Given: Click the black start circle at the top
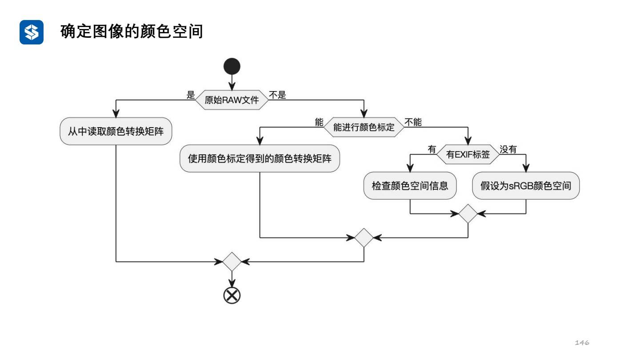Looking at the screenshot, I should (232, 67).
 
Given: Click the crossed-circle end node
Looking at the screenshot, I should (232, 296).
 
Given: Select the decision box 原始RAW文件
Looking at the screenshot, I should (232, 100).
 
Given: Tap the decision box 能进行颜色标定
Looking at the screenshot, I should (364, 127).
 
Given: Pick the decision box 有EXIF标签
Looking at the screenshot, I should (468, 154).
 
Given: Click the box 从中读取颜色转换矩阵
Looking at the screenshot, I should (116, 131).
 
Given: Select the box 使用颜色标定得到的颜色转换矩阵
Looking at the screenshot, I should (260, 158).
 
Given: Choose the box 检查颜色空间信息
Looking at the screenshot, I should (409, 185).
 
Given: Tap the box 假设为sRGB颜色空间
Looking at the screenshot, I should (526, 185).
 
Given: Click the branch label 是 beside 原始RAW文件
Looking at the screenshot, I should (191, 95).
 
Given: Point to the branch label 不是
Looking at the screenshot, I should (277, 95).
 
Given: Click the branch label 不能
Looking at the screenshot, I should (413, 122).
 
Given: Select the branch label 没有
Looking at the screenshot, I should (508, 149).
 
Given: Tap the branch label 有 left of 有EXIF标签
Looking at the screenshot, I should (432, 149).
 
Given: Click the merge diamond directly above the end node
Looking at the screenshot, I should (232, 262).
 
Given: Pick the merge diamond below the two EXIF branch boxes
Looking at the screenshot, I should (468, 214).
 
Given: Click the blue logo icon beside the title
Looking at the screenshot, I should (32, 32).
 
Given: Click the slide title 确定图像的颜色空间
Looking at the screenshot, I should (132, 32).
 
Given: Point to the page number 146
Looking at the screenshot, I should (582, 342).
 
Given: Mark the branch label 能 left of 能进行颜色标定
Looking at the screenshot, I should (319, 122).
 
